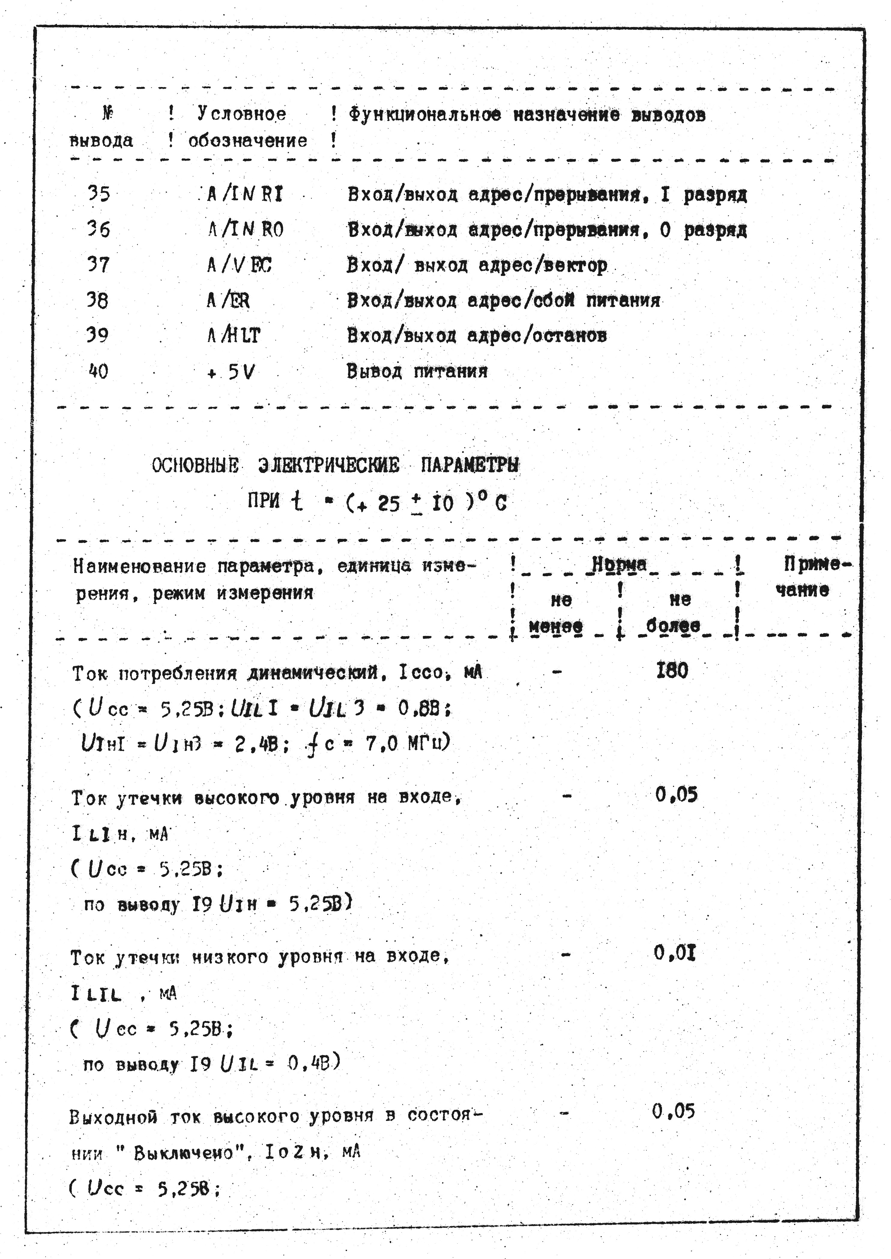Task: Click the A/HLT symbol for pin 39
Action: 234,335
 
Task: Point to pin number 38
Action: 98,300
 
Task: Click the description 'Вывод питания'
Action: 417,371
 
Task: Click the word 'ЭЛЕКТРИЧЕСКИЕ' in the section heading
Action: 328,465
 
